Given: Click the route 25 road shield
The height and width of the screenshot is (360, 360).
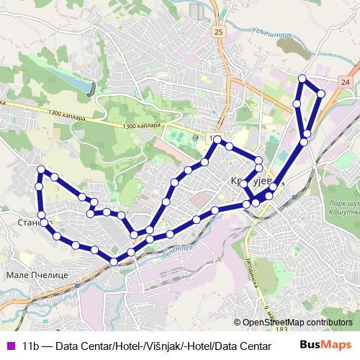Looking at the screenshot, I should coord(219,32).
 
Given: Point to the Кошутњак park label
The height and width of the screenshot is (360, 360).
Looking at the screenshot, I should coord(341,213).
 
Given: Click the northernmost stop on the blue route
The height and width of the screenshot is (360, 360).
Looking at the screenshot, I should coord(302,78).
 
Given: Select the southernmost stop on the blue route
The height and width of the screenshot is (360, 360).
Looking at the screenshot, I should coord(114,261).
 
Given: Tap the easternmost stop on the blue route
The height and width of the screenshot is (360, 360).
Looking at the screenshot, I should coord(321,94).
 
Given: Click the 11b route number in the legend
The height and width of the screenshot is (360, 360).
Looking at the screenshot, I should coord(32,346).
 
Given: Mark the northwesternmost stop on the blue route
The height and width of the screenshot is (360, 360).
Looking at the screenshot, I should coord(41,169).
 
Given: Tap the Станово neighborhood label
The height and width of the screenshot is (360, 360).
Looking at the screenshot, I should coord(16,223).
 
